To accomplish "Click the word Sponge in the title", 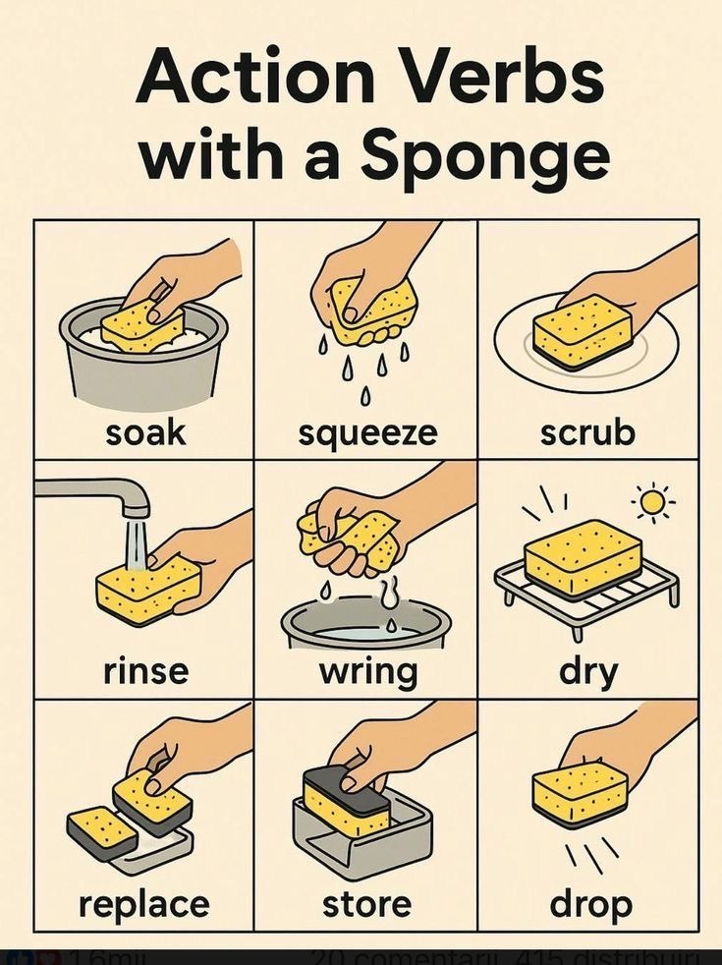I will pos(484,157).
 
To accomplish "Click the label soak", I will pos(145,432).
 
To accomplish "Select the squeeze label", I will pos(366,433).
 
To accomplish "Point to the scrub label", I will pos(587,432).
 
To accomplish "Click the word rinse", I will pos(145,671).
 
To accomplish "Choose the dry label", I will pos(588,672).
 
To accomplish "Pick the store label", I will pos(366,903).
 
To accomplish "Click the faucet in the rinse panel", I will pos(98,491).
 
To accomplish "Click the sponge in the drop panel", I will pos(580,793).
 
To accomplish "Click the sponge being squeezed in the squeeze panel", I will pos(373,310).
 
